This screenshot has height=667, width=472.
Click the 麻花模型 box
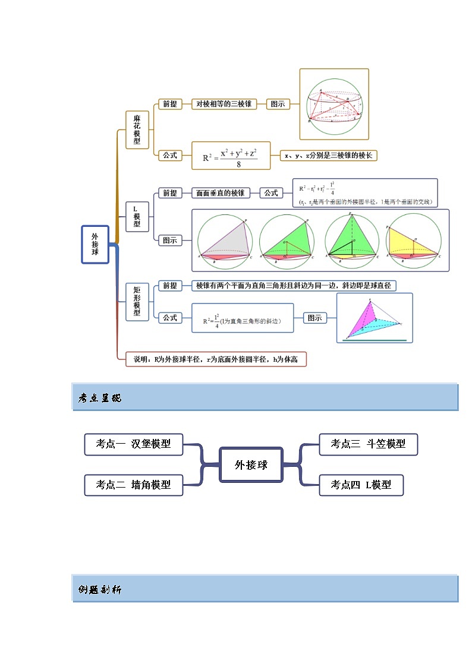pyautogui.click(x=137, y=129)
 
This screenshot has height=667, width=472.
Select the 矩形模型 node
pyautogui.click(x=137, y=301)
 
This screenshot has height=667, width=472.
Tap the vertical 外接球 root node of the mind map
pyautogui.click(x=95, y=244)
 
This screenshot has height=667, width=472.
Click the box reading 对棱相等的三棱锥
pyautogui.click(x=224, y=104)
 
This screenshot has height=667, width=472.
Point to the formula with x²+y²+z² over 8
pyautogui.click(x=231, y=156)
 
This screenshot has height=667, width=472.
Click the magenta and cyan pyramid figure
pyautogui.click(x=374, y=318)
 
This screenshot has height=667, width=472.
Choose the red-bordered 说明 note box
pyautogui.click(x=216, y=359)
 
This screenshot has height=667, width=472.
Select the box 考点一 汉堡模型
pyautogui.click(x=134, y=444)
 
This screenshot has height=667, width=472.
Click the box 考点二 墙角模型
pyautogui.click(x=134, y=485)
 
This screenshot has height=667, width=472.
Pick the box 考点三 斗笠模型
pyautogui.click(x=368, y=444)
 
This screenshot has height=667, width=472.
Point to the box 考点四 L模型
pyautogui.click(x=361, y=485)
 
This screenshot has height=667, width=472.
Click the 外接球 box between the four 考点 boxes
pyautogui.click(x=251, y=464)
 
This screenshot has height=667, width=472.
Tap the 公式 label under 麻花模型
pyautogui.click(x=170, y=155)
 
